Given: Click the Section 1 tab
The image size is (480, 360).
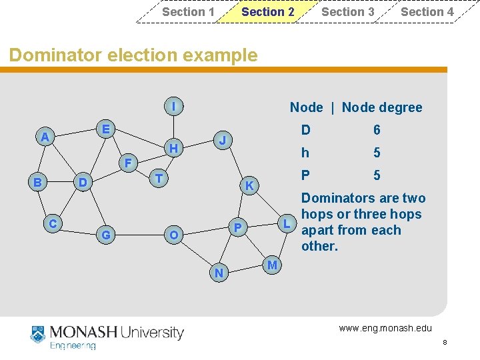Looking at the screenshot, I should pyautogui.click(x=188, y=12).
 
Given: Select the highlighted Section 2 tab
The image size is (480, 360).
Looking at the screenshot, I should pyautogui.click(x=267, y=12).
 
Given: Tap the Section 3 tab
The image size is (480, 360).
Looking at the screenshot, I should pyautogui.click(x=347, y=12).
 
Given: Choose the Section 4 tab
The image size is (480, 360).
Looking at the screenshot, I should pyautogui.click(x=427, y=12).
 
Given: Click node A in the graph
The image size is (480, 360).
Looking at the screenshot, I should pyautogui.click(x=45, y=137).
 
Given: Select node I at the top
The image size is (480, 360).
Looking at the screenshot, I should pyautogui.click(x=173, y=106).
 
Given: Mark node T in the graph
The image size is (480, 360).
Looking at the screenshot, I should pyautogui.click(x=158, y=178).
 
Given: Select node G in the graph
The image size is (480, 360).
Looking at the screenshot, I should pyautogui.click(x=105, y=235).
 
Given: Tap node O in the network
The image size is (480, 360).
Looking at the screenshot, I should pyautogui.click(x=173, y=235).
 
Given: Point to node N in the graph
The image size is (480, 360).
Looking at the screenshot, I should pyautogui.click(x=218, y=273).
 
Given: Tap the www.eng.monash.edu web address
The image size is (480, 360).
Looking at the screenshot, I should pyautogui.click(x=385, y=327).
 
